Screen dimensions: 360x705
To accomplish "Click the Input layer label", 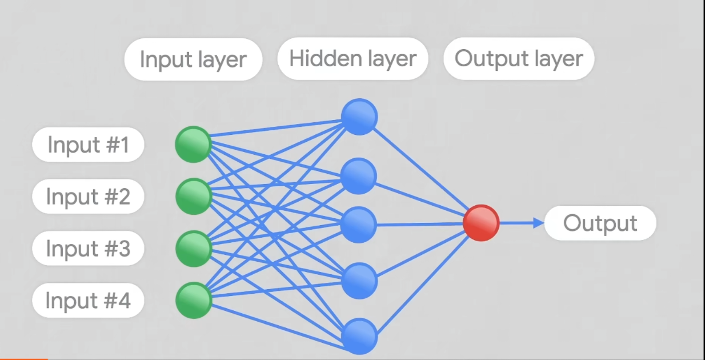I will tap(193, 59).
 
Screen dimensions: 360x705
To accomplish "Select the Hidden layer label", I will tap(352, 58).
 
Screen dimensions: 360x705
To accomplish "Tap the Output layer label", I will tap(518, 58).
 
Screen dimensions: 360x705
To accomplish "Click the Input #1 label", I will tap(88, 145).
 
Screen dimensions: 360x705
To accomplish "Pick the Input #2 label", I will tap(88, 197).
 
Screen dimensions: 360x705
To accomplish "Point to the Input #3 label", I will tap(88, 249).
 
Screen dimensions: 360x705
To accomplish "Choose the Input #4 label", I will tap(88, 301).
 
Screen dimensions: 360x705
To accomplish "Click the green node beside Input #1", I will tap(193, 145).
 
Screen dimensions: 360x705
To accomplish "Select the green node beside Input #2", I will tap(193, 197).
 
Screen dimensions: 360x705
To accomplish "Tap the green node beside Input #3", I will tap(193, 249).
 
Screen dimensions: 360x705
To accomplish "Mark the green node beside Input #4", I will tap(193, 300).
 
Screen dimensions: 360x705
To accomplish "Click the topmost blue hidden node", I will tap(359, 117).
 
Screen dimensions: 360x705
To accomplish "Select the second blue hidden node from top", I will tap(359, 176).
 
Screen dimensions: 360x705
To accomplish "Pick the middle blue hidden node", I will tap(359, 225).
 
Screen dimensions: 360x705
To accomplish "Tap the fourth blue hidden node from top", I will tap(359, 281).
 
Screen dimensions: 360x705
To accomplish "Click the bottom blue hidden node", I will tap(359, 335).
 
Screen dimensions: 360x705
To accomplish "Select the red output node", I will tap(480, 223).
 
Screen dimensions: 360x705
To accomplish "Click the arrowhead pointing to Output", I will tap(538, 223).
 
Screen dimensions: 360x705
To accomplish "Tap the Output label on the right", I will tap(600, 223).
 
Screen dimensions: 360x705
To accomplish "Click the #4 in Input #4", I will tap(117, 301).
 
